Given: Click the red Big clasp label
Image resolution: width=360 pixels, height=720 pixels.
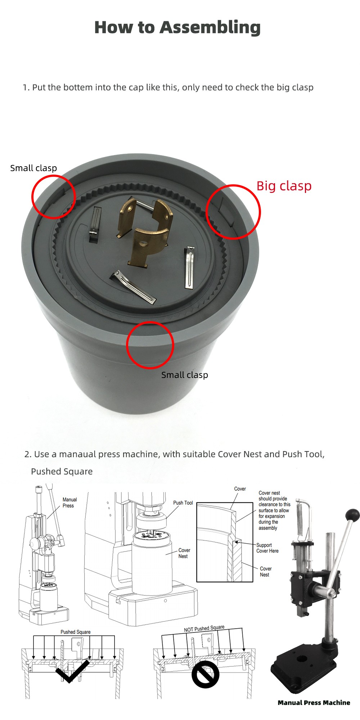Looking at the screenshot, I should click(x=284, y=186).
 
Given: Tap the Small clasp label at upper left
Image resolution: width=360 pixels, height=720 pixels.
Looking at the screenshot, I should click(x=33, y=168).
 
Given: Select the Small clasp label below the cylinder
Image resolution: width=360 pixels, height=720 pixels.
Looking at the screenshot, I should click(x=184, y=375).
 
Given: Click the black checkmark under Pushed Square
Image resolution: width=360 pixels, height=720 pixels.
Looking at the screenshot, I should click(x=72, y=671).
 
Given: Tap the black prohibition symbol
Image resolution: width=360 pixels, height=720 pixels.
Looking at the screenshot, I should click(x=205, y=674).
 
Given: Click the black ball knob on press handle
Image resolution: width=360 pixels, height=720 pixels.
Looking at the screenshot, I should click(x=352, y=516).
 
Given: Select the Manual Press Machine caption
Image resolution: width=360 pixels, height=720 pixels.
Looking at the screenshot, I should click(x=314, y=702).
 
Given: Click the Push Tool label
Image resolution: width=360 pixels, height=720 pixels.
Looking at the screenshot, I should click(x=183, y=503).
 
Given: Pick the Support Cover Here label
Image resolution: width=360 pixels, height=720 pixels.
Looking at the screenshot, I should click(x=267, y=548).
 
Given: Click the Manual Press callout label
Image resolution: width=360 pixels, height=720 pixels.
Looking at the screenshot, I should click(x=69, y=503).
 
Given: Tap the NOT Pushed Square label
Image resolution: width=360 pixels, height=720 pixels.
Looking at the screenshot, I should click(x=204, y=629).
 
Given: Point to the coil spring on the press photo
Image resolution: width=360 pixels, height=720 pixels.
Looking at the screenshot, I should click(x=299, y=518).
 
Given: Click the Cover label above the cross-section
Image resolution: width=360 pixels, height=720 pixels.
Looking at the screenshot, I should click(x=240, y=489).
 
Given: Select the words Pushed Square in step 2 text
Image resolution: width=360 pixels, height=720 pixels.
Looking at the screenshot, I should click(x=62, y=472).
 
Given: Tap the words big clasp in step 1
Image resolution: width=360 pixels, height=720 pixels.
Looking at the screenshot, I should click(x=295, y=87).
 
